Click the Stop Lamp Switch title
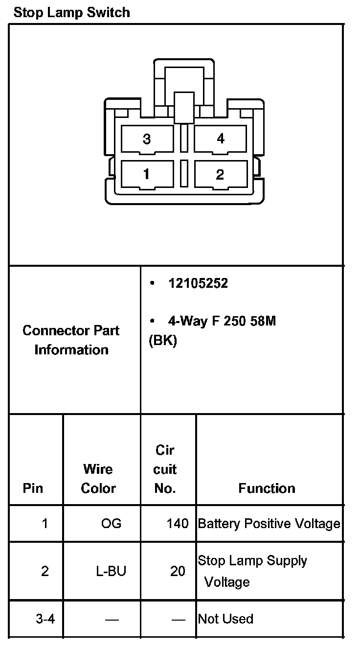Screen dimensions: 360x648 pos(72,12)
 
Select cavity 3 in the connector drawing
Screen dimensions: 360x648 pos(147,139)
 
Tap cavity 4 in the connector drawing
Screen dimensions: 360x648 pos(221,139)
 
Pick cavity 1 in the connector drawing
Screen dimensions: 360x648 pos(146,174)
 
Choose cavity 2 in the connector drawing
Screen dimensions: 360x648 pos(220,174)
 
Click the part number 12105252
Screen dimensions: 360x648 pos(198,284)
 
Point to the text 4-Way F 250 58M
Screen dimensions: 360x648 pos(222,321)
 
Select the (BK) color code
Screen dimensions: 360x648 pos(162,341)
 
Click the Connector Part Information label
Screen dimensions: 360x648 pos(71,340)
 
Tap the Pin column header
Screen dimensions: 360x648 pos(33,488)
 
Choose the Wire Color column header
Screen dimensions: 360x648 pos(98,479)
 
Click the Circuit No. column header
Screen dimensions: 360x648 pos(165,469)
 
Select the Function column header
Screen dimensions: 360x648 pos(267,488)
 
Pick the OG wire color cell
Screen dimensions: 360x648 pos(111,524)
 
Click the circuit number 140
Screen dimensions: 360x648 pos(177,524)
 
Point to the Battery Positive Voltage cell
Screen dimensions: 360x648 pos(269,524)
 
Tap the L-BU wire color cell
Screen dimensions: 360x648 pos(111,571)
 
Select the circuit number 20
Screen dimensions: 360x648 pos(178,571)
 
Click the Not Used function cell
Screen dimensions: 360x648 pos(225,619)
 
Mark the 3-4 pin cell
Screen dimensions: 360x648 pos(45,619)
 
